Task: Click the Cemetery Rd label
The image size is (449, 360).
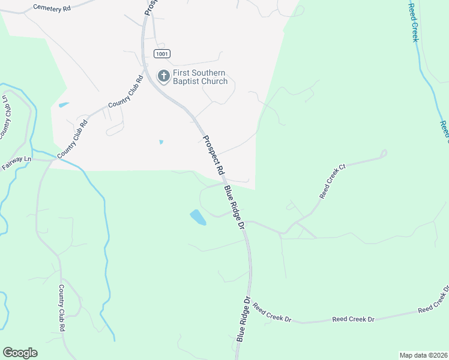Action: (52, 8)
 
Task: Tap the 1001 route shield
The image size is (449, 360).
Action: (161, 54)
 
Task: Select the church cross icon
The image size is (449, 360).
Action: (163, 76)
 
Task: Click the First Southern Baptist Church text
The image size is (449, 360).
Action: (200, 77)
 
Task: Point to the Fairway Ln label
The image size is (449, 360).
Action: (16, 160)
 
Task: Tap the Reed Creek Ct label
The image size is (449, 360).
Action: (334, 181)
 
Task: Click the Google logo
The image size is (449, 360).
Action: (20, 352)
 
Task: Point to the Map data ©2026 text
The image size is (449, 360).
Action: (423, 355)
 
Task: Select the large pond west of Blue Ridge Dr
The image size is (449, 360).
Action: (197, 217)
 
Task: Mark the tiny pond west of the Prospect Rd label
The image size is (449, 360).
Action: (160, 142)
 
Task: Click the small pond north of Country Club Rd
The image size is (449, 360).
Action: (63, 106)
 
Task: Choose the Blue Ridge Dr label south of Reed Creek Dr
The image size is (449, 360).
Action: (243, 319)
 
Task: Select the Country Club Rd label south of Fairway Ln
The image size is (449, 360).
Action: (61, 308)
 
